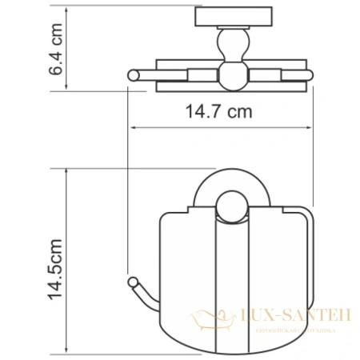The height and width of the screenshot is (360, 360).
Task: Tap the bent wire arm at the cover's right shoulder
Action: point(296,214)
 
